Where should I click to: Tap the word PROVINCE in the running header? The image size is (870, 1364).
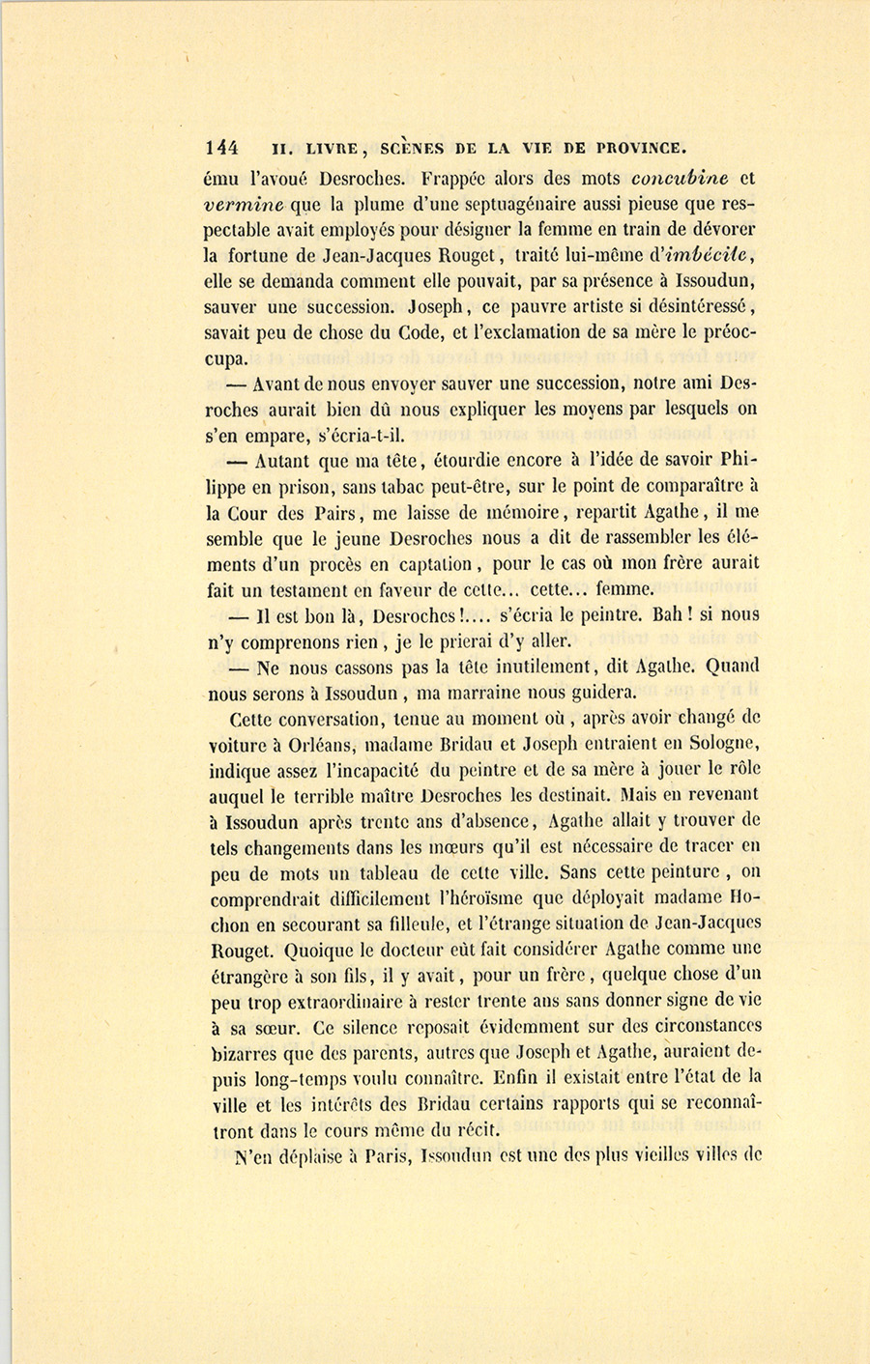click(x=641, y=149)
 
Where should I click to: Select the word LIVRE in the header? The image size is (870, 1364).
click(x=333, y=149)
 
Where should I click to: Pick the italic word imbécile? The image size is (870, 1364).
click(x=706, y=256)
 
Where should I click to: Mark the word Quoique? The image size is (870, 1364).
click(x=288, y=950)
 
